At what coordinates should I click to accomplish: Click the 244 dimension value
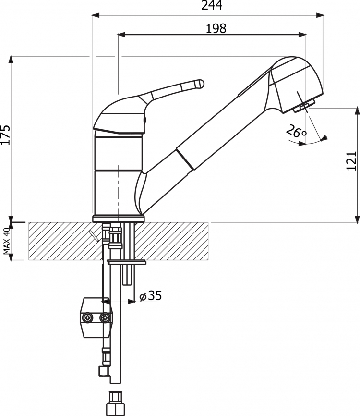tap(212, 5)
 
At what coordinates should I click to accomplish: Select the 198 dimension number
tap(216, 28)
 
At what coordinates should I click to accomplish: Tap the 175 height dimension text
tap(6, 135)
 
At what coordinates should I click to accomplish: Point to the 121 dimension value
tap(351, 161)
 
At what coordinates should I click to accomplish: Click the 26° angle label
tap(296, 131)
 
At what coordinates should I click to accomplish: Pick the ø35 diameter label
tap(150, 295)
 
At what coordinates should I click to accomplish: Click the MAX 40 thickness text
tap(7, 241)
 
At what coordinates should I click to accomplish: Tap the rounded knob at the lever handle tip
tap(199, 84)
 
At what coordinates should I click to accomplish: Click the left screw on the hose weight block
tap(87, 318)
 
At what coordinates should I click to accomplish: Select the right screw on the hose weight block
tap(105, 318)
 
